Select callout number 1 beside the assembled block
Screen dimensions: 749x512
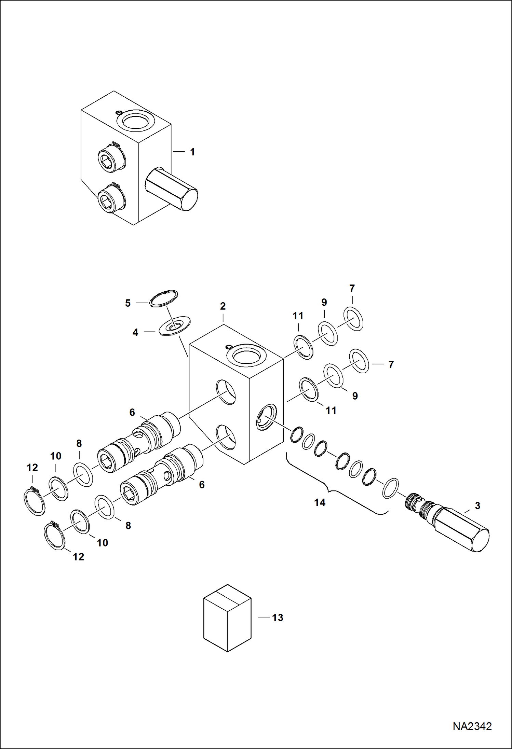click(x=192, y=152)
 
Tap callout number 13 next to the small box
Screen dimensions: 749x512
click(x=278, y=618)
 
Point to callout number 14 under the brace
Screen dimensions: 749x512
click(x=320, y=502)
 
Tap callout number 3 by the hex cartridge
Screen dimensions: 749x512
click(x=477, y=505)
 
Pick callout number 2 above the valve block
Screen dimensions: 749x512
click(x=223, y=306)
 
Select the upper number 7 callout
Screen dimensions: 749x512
click(x=352, y=289)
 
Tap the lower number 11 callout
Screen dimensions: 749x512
click(x=331, y=410)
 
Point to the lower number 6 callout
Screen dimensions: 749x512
click(x=202, y=484)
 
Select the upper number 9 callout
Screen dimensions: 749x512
click(x=324, y=302)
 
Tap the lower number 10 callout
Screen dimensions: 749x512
click(x=102, y=543)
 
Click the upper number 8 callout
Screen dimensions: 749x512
click(x=79, y=444)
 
